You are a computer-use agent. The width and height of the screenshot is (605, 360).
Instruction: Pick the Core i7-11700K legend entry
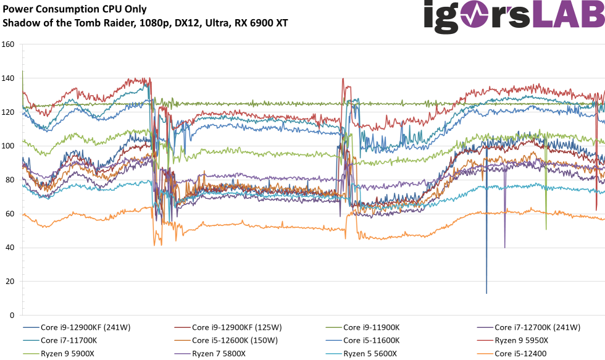click(x=69, y=340)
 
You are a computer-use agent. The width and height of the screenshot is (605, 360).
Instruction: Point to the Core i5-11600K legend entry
click(x=372, y=340)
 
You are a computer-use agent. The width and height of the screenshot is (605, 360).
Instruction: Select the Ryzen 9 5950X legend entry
click(x=522, y=340)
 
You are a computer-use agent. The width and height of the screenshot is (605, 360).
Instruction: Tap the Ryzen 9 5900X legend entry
click(x=69, y=353)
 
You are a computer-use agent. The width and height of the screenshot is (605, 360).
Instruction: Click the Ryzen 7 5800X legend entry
click(x=219, y=353)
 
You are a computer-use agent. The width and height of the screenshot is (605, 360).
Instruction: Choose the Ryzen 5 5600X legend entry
click(x=370, y=353)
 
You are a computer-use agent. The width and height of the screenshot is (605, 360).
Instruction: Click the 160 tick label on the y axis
click(x=9, y=45)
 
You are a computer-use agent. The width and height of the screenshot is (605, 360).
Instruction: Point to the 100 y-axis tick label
click(x=9, y=146)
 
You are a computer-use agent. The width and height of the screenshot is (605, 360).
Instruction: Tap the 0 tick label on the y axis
click(x=12, y=315)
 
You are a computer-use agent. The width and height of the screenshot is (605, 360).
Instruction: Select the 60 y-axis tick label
click(x=10, y=214)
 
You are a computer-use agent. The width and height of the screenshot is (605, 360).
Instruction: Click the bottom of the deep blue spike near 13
click(x=486, y=293)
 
